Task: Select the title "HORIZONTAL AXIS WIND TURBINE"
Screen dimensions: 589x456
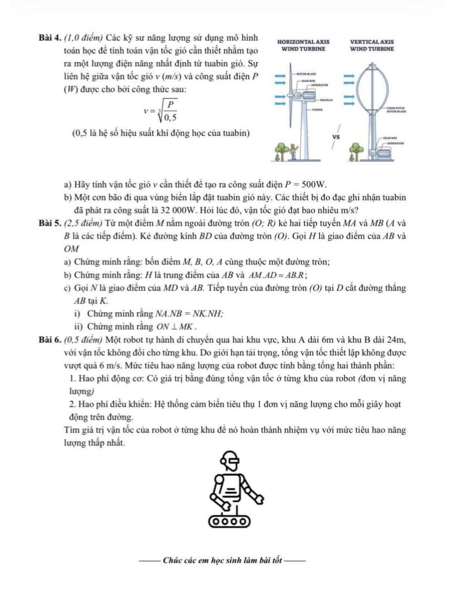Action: point(303,45)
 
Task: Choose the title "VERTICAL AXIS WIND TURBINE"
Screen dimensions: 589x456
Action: point(371,45)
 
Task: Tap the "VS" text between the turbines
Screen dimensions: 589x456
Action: point(337,137)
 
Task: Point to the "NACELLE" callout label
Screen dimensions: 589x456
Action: point(321,100)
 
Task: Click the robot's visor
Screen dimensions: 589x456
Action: point(229,460)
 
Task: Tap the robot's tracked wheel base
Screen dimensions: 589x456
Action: point(230,521)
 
